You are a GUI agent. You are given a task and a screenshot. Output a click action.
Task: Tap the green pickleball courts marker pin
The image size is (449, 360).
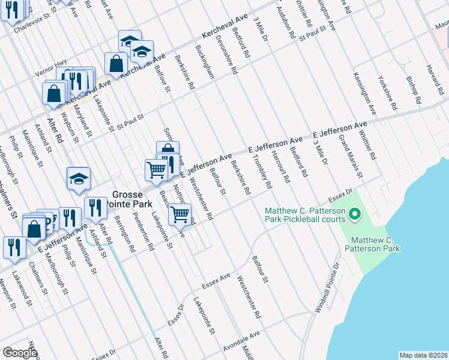click(x=354, y=213)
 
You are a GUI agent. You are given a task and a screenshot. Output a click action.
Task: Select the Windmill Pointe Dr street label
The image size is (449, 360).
click(x=327, y=287)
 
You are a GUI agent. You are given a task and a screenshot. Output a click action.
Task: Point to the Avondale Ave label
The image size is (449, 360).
click(x=242, y=338)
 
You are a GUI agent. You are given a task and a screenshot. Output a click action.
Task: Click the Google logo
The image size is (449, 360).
click(x=20, y=353)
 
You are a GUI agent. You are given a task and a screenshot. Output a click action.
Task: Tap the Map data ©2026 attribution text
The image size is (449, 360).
click(x=423, y=355)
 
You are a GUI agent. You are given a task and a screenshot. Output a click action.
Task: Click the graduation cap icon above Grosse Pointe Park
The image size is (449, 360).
click(x=78, y=179)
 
